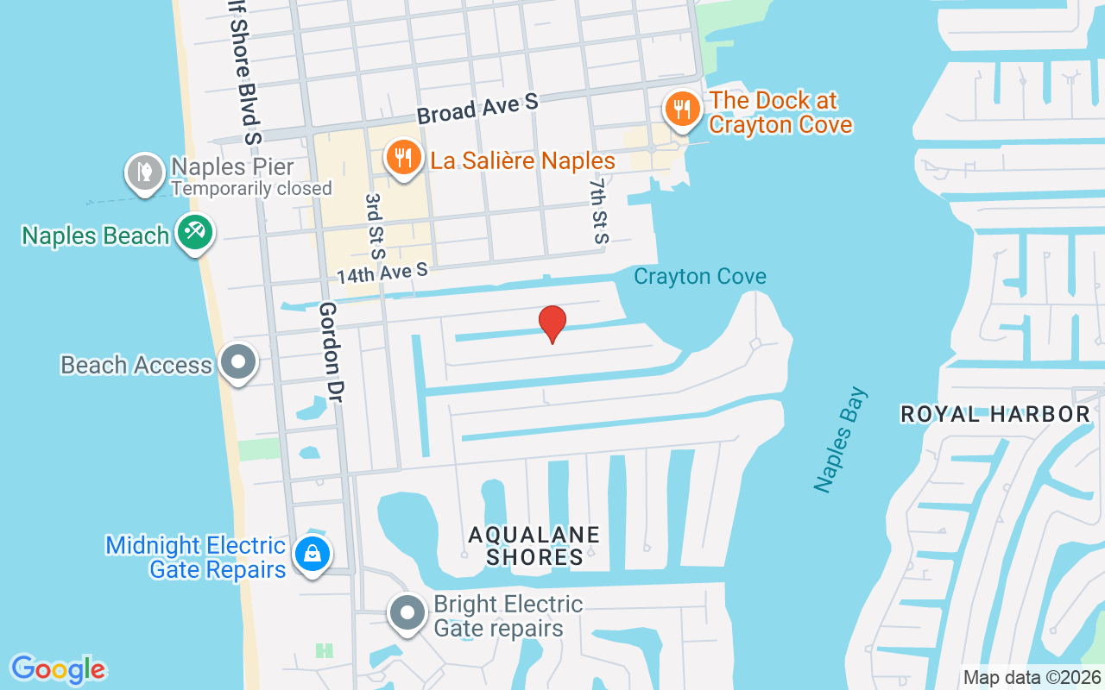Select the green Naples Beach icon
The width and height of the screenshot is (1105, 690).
pyautogui.click(x=195, y=232)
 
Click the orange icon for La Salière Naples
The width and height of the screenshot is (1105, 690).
pyautogui.click(x=402, y=158)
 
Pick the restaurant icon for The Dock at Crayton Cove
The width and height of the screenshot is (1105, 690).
pyautogui.click(x=683, y=110)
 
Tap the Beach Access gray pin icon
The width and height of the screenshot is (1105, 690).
pyautogui.click(x=238, y=362)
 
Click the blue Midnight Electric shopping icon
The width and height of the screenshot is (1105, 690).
pyautogui.click(x=311, y=555)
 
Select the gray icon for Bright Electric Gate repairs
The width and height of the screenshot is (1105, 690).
pyautogui.click(x=407, y=614)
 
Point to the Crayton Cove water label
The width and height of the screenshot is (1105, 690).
pyautogui.click(x=699, y=277)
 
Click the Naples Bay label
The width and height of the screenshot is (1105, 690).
pyautogui.click(x=841, y=441)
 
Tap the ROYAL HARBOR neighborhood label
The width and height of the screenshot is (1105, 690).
pyautogui.click(x=995, y=415)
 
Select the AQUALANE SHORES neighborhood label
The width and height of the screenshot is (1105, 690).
pyautogui.click(x=534, y=546)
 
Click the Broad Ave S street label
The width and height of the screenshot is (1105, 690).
pyautogui.click(x=477, y=109)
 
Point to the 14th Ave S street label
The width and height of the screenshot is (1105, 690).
pyautogui.click(x=382, y=273)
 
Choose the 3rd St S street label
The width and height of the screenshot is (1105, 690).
pyautogui.click(x=374, y=225)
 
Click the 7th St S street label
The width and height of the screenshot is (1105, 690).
pyautogui.click(x=598, y=211)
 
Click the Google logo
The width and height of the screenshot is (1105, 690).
pyautogui.click(x=58, y=669)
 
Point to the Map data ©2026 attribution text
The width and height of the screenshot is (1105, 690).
pyautogui.click(x=1032, y=678)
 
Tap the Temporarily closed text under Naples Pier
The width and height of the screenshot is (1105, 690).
pyautogui.click(x=251, y=188)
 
